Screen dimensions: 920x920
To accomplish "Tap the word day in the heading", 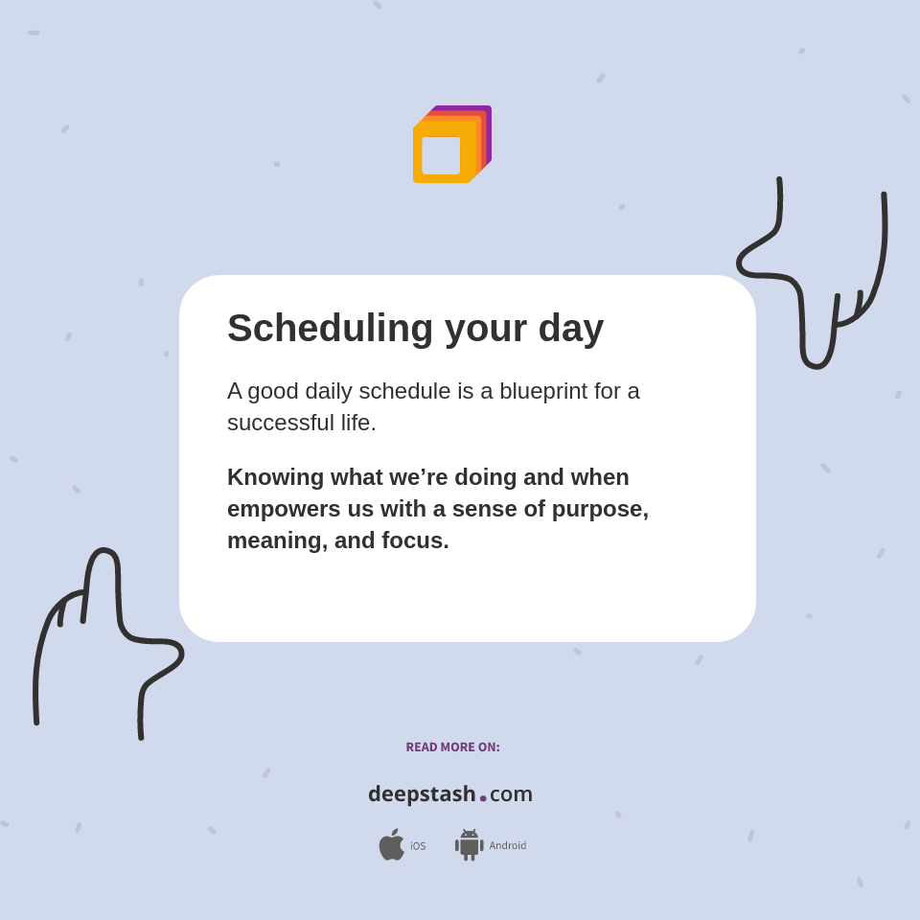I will [570, 329].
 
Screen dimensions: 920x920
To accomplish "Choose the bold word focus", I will [415, 540].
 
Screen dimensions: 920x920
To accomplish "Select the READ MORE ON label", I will [452, 747].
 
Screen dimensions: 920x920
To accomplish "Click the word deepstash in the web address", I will [422, 794].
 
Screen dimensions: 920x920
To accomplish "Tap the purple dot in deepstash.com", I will [483, 798].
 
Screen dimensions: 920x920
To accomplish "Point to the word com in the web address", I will [511, 794].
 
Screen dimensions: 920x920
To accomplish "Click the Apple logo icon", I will [391, 844].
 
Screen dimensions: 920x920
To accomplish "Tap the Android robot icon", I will [469, 844].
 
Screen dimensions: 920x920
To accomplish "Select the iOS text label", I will [418, 846].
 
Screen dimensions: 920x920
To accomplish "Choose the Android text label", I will [508, 846].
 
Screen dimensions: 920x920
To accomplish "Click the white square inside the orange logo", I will [441, 155].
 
